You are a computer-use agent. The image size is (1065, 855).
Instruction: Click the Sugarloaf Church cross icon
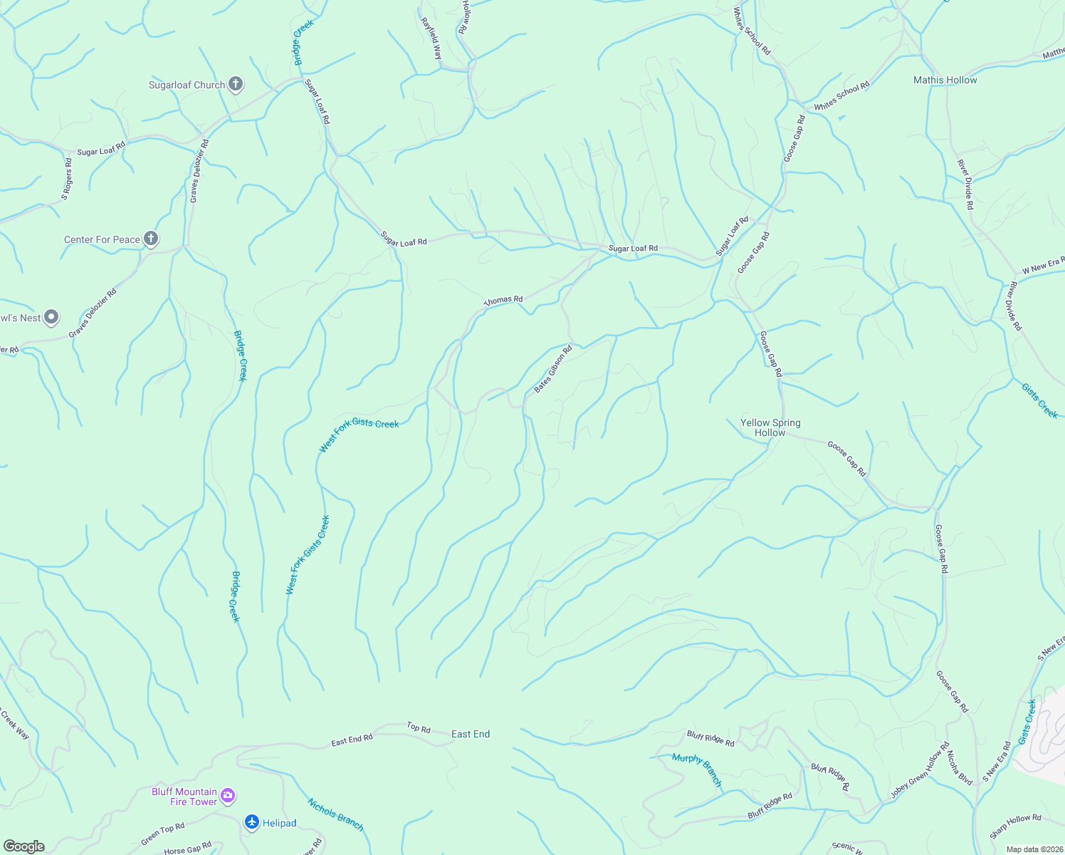pos(236,85)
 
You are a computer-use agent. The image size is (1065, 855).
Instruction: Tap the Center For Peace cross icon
pos(150,239)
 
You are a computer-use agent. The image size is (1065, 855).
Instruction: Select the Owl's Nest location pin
pos(51,317)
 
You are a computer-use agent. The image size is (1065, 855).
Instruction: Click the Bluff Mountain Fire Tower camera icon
pos(228,795)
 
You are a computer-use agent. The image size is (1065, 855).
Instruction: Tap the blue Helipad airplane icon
pos(252,822)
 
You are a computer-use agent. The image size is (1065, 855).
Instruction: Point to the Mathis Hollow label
pos(945,81)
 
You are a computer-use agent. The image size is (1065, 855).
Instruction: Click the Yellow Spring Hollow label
pos(770,427)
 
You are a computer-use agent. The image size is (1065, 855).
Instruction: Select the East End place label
pos(471,734)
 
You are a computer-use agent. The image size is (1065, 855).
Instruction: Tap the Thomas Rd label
pos(503,301)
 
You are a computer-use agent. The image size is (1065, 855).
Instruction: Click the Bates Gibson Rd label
pos(553,369)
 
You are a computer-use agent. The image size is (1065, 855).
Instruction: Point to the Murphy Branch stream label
pos(697,770)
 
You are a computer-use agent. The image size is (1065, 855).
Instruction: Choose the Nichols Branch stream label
pos(335,814)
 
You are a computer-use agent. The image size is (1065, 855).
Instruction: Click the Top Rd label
pos(419,728)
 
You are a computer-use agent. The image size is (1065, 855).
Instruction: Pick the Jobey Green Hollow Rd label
pos(920,770)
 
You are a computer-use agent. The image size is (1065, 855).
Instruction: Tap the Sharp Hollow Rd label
pos(1015,826)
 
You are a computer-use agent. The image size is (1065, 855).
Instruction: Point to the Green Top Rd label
pos(162,834)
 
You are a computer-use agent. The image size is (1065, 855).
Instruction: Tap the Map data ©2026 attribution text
pos(1034,849)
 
